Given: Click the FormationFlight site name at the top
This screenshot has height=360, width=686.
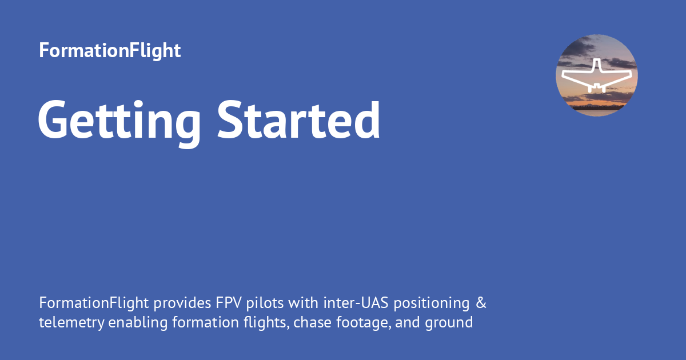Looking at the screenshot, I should (x=110, y=50).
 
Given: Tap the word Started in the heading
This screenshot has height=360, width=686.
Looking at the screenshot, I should (x=299, y=120).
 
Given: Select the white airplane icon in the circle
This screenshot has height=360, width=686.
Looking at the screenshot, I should (x=596, y=77).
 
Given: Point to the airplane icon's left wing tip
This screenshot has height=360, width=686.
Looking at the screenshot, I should (x=563, y=74).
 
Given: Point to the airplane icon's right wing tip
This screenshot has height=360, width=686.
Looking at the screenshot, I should (x=631, y=74).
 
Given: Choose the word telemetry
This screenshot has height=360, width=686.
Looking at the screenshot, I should (x=71, y=323).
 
